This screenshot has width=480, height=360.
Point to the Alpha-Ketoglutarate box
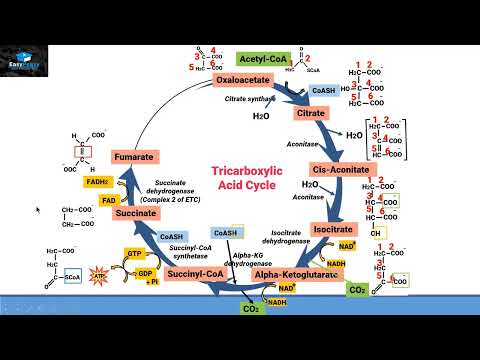click(295, 273)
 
